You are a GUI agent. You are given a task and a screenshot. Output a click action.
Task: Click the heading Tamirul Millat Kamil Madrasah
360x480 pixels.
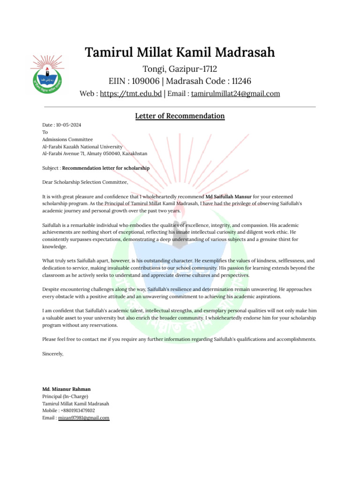(x=180, y=52)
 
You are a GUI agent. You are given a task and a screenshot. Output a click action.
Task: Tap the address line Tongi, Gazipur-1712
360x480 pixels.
(x=180, y=69)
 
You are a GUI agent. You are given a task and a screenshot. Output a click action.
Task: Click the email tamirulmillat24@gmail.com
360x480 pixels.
(x=235, y=93)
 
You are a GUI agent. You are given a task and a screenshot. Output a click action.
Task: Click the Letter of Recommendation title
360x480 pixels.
(x=180, y=116)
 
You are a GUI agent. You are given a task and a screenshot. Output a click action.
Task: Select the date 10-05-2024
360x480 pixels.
(x=68, y=125)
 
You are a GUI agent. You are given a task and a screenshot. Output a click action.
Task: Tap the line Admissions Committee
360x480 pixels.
(x=67, y=139)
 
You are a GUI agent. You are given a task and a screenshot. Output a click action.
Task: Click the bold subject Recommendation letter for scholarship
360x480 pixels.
(x=106, y=168)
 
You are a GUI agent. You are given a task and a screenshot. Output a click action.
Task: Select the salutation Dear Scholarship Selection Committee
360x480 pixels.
(x=85, y=182)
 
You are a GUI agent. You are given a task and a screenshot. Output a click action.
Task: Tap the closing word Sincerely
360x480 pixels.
(x=52, y=354)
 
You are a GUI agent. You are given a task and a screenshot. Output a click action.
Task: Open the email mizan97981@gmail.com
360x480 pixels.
(x=83, y=417)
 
